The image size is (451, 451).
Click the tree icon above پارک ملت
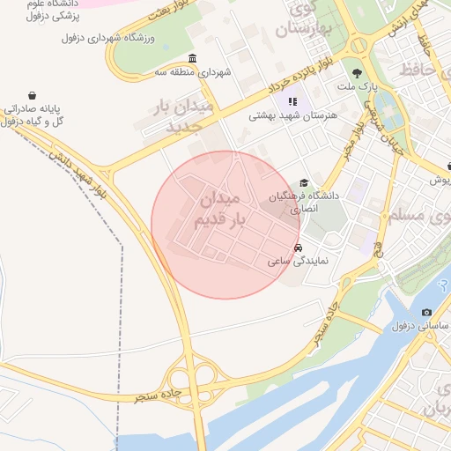356,73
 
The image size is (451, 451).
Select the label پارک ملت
358,87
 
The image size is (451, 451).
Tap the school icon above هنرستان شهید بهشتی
292,100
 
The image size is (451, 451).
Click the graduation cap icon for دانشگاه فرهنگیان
304,182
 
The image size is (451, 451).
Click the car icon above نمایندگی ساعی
299,248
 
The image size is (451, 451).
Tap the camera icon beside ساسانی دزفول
427,312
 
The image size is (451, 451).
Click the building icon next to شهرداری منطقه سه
192,60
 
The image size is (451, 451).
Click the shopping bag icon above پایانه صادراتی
33,94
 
